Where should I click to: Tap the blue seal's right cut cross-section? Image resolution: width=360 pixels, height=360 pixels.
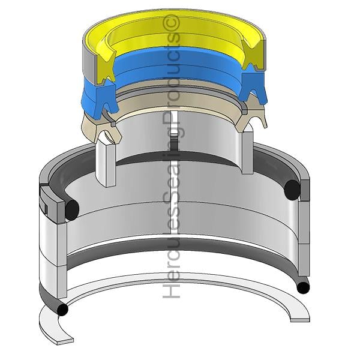[252, 85]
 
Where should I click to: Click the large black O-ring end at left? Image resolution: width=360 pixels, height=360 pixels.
[72, 209]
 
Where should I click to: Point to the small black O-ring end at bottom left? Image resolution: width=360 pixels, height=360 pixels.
[62, 310]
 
